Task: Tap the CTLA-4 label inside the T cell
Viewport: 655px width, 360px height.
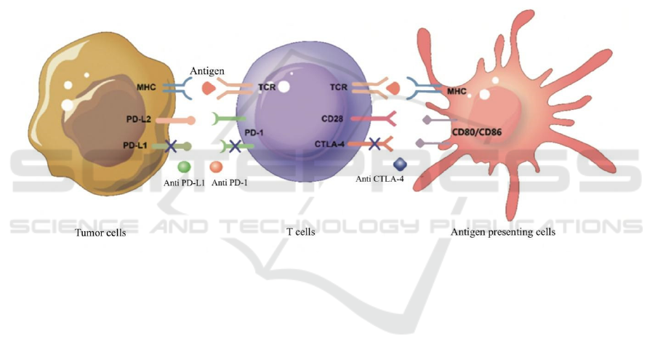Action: click(336, 144)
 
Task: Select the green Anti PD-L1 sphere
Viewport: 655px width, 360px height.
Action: click(184, 168)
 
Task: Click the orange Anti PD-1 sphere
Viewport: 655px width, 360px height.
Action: click(216, 168)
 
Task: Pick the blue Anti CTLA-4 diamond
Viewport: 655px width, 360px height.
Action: click(398, 165)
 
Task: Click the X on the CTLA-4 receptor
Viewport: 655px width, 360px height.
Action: click(374, 143)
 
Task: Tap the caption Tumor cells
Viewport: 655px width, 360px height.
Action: click(100, 233)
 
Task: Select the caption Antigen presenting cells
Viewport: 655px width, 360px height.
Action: click(502, 233)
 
